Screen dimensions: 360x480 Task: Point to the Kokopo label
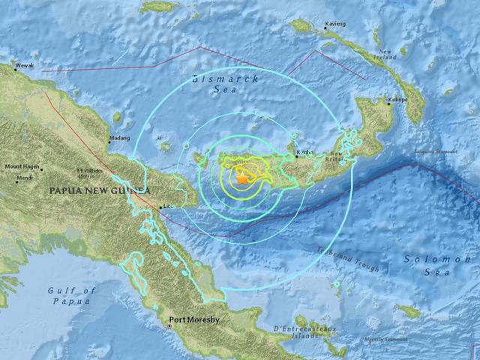pyautogui.click(x=397, y=99)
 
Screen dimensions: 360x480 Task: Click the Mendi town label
pyautogui.click(x=25, y=178)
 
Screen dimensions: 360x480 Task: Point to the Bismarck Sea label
pyautogui.click(x=225, y=83)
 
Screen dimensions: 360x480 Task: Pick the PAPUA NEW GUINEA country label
pyautogui.click(x=97, y=191)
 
